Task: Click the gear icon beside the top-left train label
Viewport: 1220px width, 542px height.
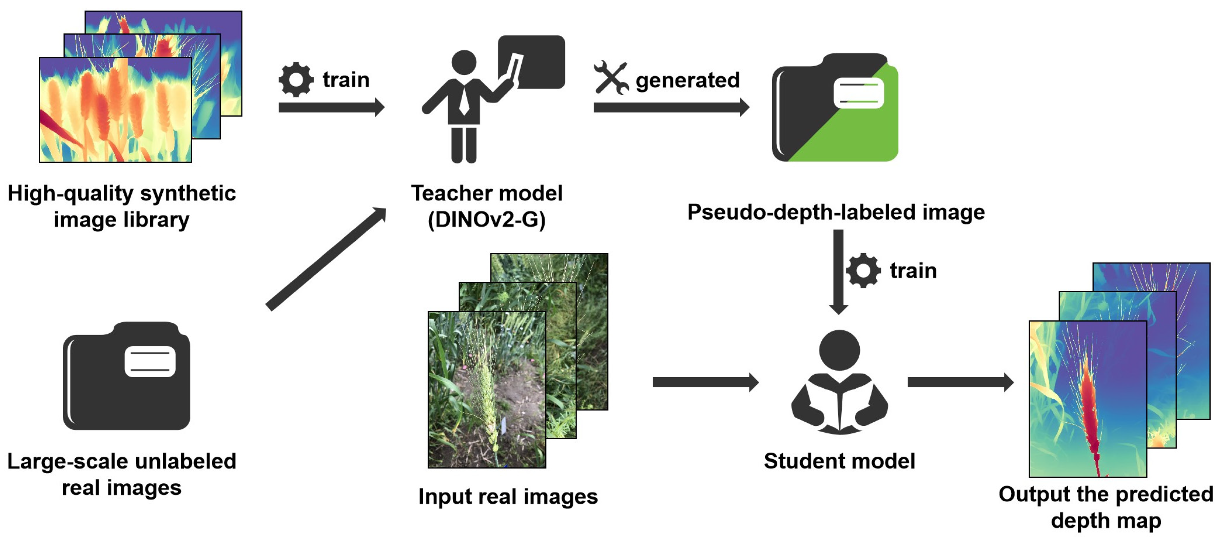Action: tap(296, 80)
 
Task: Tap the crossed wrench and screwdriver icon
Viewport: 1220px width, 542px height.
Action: tap(611, 77)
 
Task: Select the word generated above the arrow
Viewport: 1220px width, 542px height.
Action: tap(687, 80)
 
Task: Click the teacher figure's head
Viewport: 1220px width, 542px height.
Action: tap(464, 62)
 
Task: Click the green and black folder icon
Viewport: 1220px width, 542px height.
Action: tap(835, 108)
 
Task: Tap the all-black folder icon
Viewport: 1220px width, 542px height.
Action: tap(126, 377)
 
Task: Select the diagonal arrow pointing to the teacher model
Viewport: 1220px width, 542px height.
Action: tap(327, 259)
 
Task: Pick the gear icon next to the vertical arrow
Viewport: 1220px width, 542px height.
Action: tap(863, 270)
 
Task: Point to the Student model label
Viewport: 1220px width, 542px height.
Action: tap(839, 461)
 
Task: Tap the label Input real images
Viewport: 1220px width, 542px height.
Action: tap(508, 496)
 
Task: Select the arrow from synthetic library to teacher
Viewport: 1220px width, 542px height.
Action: tap(331, 108)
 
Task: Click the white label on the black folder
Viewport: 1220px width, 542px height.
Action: tap(150, 361)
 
